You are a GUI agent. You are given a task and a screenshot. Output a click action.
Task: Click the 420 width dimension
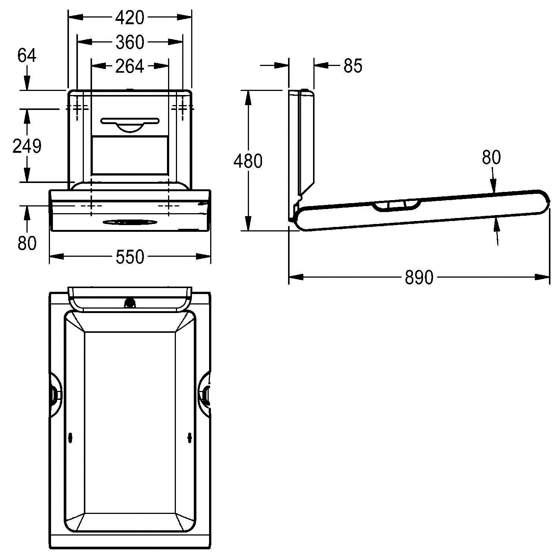[129, 18]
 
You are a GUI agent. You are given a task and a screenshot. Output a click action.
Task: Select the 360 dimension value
[129, 42]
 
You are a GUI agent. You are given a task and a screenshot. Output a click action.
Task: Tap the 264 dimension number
[129, 66]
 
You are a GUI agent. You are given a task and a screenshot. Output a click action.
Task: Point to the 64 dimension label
[27, 56]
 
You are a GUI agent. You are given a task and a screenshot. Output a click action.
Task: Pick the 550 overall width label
[129, 257]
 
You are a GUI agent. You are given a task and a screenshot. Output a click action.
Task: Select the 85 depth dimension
[353, 66]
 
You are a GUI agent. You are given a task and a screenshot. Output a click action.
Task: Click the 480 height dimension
[248, 161]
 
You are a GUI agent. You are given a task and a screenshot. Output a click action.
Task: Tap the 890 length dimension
[419, 278]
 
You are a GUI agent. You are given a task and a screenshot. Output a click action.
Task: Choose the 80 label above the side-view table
[491, 158]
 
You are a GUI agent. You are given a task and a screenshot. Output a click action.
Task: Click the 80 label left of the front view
[27, 243]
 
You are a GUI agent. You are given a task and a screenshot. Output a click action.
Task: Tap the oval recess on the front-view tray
[129, 222]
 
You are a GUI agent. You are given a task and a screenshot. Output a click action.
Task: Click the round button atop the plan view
[130, 303]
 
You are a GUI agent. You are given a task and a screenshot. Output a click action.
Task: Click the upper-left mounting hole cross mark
[78, 108]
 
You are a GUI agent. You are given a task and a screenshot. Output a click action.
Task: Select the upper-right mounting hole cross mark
[183, 108]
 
